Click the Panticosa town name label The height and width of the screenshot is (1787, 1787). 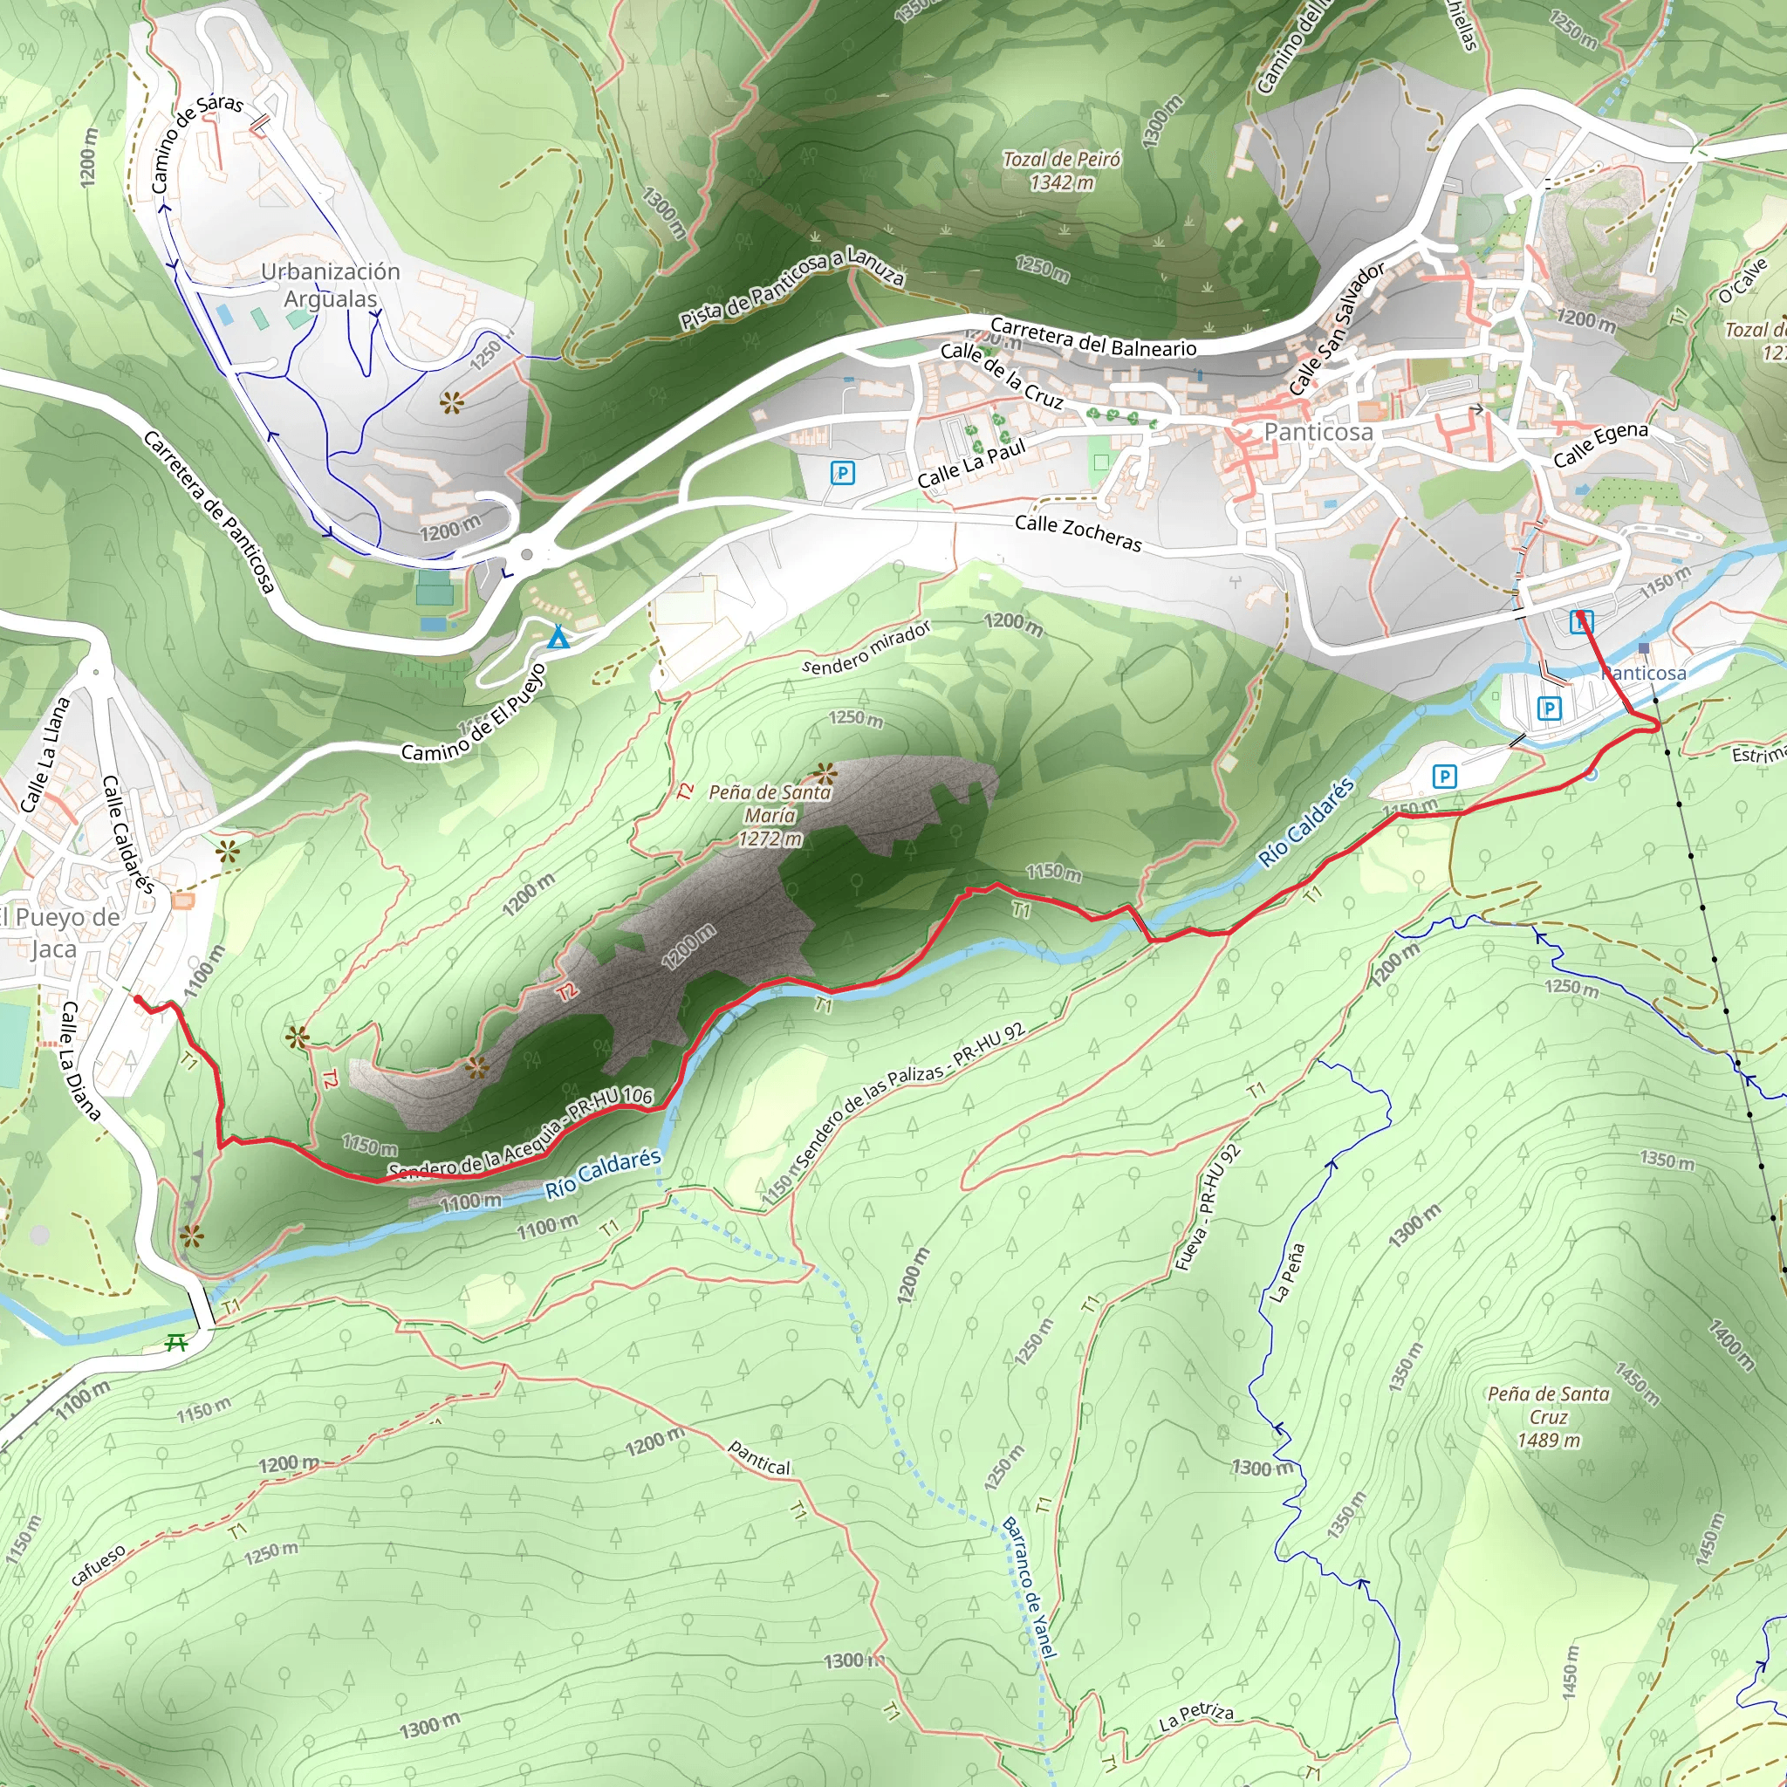1318,432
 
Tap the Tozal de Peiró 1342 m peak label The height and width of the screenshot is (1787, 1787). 1061,171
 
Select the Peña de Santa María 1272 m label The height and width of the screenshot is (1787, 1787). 770,815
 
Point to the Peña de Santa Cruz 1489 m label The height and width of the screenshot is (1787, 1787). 1549,1417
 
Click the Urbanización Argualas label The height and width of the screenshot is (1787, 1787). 330,284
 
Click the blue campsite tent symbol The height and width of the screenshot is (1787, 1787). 557,637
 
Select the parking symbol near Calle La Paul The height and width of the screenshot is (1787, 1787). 842,474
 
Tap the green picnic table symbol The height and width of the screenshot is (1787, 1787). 175,1343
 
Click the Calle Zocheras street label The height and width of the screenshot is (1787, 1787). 1078,534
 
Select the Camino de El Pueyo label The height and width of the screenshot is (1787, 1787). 474,713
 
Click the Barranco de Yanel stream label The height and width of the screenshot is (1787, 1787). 1029,1587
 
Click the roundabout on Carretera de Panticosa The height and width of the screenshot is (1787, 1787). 526,555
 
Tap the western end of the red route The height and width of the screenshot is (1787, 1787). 138,999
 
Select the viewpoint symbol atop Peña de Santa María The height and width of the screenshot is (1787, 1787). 823,772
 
